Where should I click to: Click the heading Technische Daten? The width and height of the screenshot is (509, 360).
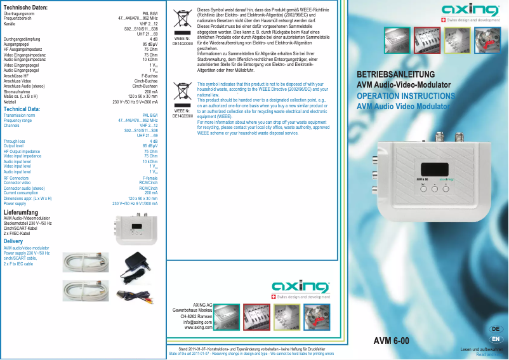(x=26, y=7)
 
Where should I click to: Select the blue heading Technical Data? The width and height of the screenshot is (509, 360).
(x=22, y=109)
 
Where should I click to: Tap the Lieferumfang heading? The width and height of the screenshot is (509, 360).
(x=21, y=212)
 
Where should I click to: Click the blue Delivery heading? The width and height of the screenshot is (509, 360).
(x=13, y=242)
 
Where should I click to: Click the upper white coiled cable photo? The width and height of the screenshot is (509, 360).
(x=86, y=261)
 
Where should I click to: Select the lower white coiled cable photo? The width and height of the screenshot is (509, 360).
(x=86, y=290)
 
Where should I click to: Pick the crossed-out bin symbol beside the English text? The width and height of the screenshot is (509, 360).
(x=183, y=93)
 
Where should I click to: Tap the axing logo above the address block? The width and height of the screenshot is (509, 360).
(x=301, y=284)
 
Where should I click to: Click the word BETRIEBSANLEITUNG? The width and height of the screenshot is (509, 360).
(x=395, y=74)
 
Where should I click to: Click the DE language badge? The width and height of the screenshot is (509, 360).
(x=496, y=329)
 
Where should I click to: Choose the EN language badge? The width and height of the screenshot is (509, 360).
(x=496, y=339)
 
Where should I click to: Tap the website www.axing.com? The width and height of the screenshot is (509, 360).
(x=198, y=328)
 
